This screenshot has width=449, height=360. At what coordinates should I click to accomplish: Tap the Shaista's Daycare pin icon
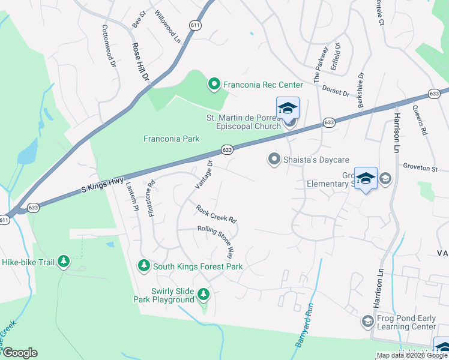(274, 159)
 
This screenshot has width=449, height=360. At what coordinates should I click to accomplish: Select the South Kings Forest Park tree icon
(143, 266)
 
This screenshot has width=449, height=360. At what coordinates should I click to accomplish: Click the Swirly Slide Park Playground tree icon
(204, 294)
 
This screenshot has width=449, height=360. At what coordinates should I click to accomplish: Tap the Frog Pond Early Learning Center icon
(367, 322)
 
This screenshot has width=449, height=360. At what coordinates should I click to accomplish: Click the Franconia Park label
(171, 139)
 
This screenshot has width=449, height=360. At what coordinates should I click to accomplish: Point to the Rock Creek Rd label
(217, 212)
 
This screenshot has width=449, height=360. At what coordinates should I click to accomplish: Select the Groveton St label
(421, 169)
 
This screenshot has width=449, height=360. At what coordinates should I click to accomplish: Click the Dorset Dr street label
(339, 90)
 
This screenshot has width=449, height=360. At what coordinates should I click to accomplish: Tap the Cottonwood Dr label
(109, 46)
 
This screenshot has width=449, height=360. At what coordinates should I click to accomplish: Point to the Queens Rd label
(419, 120)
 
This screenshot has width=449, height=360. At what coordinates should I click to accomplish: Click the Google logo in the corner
(20, 353)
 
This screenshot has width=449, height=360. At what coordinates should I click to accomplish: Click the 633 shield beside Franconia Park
(226, 149)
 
